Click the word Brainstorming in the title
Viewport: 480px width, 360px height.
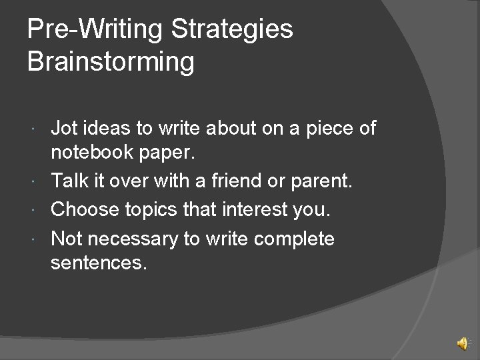click(111, 62)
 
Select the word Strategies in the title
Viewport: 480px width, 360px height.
click(231, 29)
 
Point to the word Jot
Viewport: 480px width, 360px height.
click(63, 128)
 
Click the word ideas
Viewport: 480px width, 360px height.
click(103, 128)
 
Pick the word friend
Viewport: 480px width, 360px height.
click(255, 181)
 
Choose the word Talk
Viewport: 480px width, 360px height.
click(69, 181)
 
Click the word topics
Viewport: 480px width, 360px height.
click(157, 210)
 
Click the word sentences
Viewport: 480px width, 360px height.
click(98, 264)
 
